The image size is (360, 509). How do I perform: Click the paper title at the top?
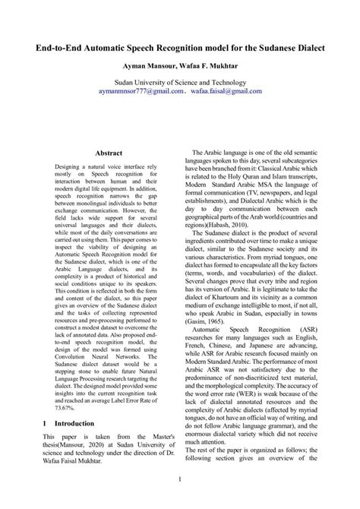[180, 48]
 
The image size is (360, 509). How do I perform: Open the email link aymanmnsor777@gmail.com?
[141, 90]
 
